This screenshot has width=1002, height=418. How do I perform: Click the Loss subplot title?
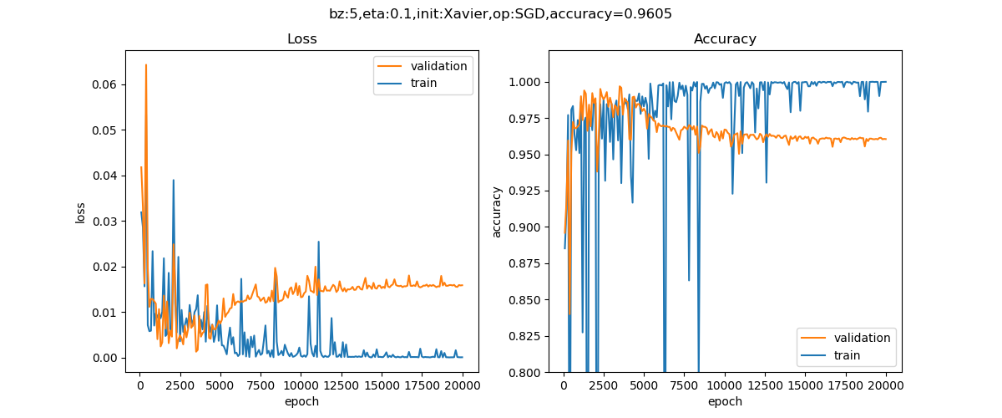(x=301, y=39)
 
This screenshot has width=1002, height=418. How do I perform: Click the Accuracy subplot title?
(x=725, y=39)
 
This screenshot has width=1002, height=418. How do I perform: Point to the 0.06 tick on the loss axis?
(x=109, y=85)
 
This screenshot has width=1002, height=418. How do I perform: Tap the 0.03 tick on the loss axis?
(x=109, y=222)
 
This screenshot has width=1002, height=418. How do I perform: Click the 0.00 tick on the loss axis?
(x=109, y=358)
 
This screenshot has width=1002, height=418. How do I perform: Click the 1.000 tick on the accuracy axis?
(x=524, y=82)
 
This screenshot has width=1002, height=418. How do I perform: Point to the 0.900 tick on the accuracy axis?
(x=524, y=227)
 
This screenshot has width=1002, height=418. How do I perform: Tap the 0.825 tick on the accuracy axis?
(x=524, y=336)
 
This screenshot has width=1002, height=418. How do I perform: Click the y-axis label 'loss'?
(x=81, y=212)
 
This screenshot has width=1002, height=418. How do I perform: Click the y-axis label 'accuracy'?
(x=498, y=212)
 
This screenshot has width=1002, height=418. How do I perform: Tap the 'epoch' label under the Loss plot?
(x=301, y=401)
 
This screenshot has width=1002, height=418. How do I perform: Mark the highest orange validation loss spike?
(x=146, y=64)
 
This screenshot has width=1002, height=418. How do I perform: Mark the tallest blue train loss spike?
(x=173, y=180)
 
